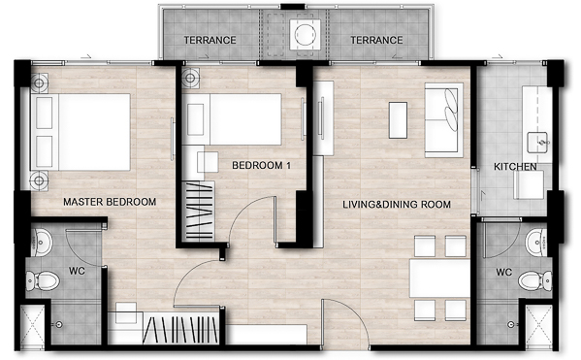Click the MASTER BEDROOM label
[x=110, y=202]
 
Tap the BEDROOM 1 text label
[x=261, y=165]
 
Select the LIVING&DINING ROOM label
[x=397, y=205]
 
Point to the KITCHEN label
[x=515, y=167]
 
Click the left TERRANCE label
[x=210, y=40]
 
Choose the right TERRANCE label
[x=376, y=40]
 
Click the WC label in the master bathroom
[x=77, y=271]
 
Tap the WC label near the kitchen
[x=504, y=273]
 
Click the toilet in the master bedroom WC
[x=43, y=280]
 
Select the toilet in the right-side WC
[x=535, y=280]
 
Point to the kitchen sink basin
[x=537, y=142]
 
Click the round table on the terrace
[x=305, y=34]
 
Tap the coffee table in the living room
[x=398, y=120]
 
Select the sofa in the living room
[x=443, y=120]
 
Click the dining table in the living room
[x=439, y=278]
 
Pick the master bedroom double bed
[x=81, y=132]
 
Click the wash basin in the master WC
[x=42, y=243]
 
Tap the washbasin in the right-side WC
[x=536, y=243]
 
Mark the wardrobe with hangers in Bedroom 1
[x=199, y=211]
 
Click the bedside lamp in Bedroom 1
[x=190, y=78]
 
